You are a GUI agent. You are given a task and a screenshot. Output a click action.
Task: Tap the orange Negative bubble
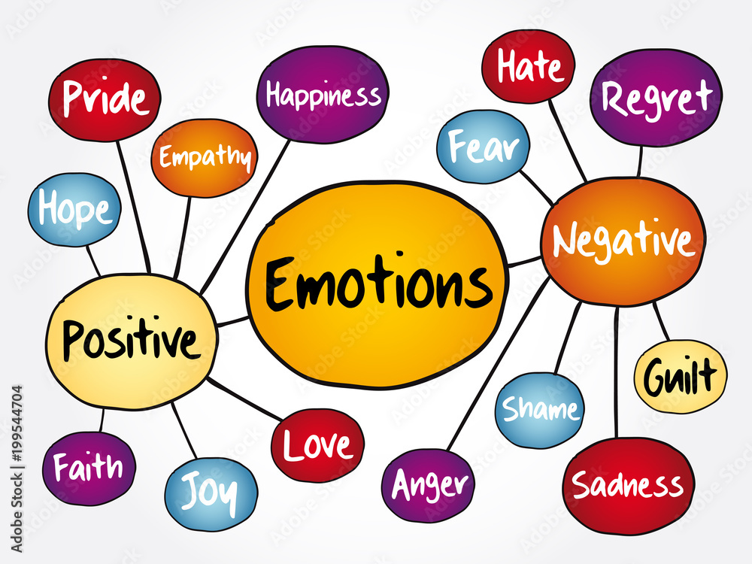(623, 241)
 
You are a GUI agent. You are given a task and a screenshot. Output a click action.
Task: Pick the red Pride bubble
(104, 99)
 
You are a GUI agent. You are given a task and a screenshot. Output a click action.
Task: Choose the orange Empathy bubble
(205, 158)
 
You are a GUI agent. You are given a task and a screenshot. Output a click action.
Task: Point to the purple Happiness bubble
(323, 94)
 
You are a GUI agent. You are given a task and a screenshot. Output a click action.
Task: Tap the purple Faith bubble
(89, 468)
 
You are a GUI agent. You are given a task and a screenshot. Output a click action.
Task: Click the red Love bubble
(317, 445)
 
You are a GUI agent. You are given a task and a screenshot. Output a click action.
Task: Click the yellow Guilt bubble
(681, 375)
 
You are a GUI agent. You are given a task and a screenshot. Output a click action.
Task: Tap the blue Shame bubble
(539, 410)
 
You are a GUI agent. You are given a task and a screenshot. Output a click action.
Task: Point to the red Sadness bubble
(628, 486)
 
